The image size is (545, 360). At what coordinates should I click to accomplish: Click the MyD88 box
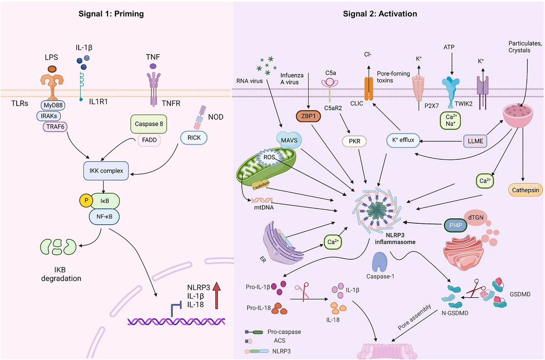tap(53, 105)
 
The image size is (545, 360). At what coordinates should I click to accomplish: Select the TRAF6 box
tap(55, 127)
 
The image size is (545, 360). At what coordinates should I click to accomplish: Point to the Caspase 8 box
tap(148, 123)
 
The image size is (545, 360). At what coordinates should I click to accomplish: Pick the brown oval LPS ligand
tap(52, 69)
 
